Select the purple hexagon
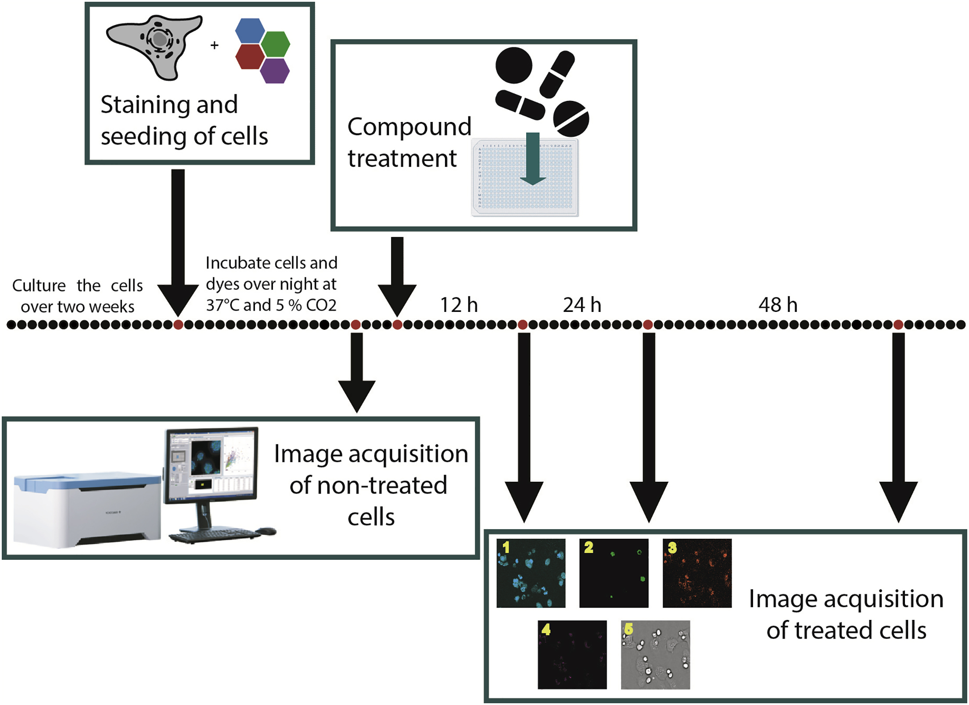(x=275, y=71)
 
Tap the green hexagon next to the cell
(x=276, y=44)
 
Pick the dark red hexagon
(x=250, y=57)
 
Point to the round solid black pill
(x=513, y=65)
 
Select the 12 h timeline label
(x=459, y=305)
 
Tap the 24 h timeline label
(x=582, y=305)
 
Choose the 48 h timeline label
(x=778, y=305)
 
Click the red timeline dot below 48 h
(x=898, y=325)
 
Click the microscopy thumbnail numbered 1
(x=531, y=573)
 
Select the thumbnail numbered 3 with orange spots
(x=697, y=573)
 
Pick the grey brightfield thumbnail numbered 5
(x=655, y=655)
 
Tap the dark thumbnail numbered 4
(x=572, y=655)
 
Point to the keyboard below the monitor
(x=215, y=535)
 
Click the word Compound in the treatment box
(x=409, y=127)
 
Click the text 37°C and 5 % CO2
(x=271, y=305)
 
